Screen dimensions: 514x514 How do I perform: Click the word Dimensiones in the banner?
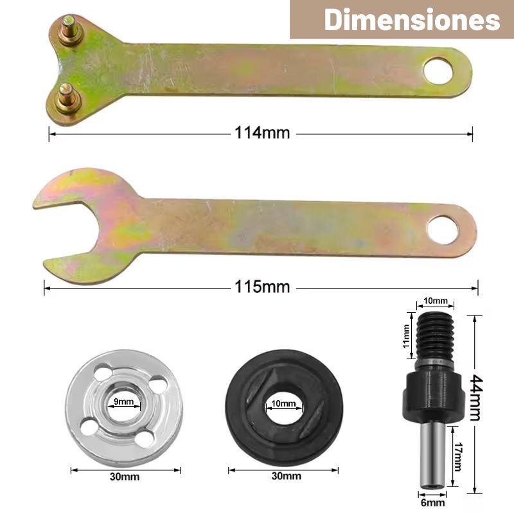click(x=412, y=20)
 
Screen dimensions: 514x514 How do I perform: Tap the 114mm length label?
click(x=262, y=133)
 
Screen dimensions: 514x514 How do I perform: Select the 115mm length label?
click(x=262, y=287)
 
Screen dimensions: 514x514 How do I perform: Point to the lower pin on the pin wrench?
click(x=68, y=98)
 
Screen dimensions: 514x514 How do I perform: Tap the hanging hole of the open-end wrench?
click(x=443, y=230)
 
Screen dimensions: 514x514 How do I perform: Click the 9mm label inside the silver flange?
click(x=123, y=401)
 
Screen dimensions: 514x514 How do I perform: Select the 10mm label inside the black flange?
click(x=283, y=403)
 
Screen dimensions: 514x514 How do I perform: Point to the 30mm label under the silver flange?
click(x=125, y=476)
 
